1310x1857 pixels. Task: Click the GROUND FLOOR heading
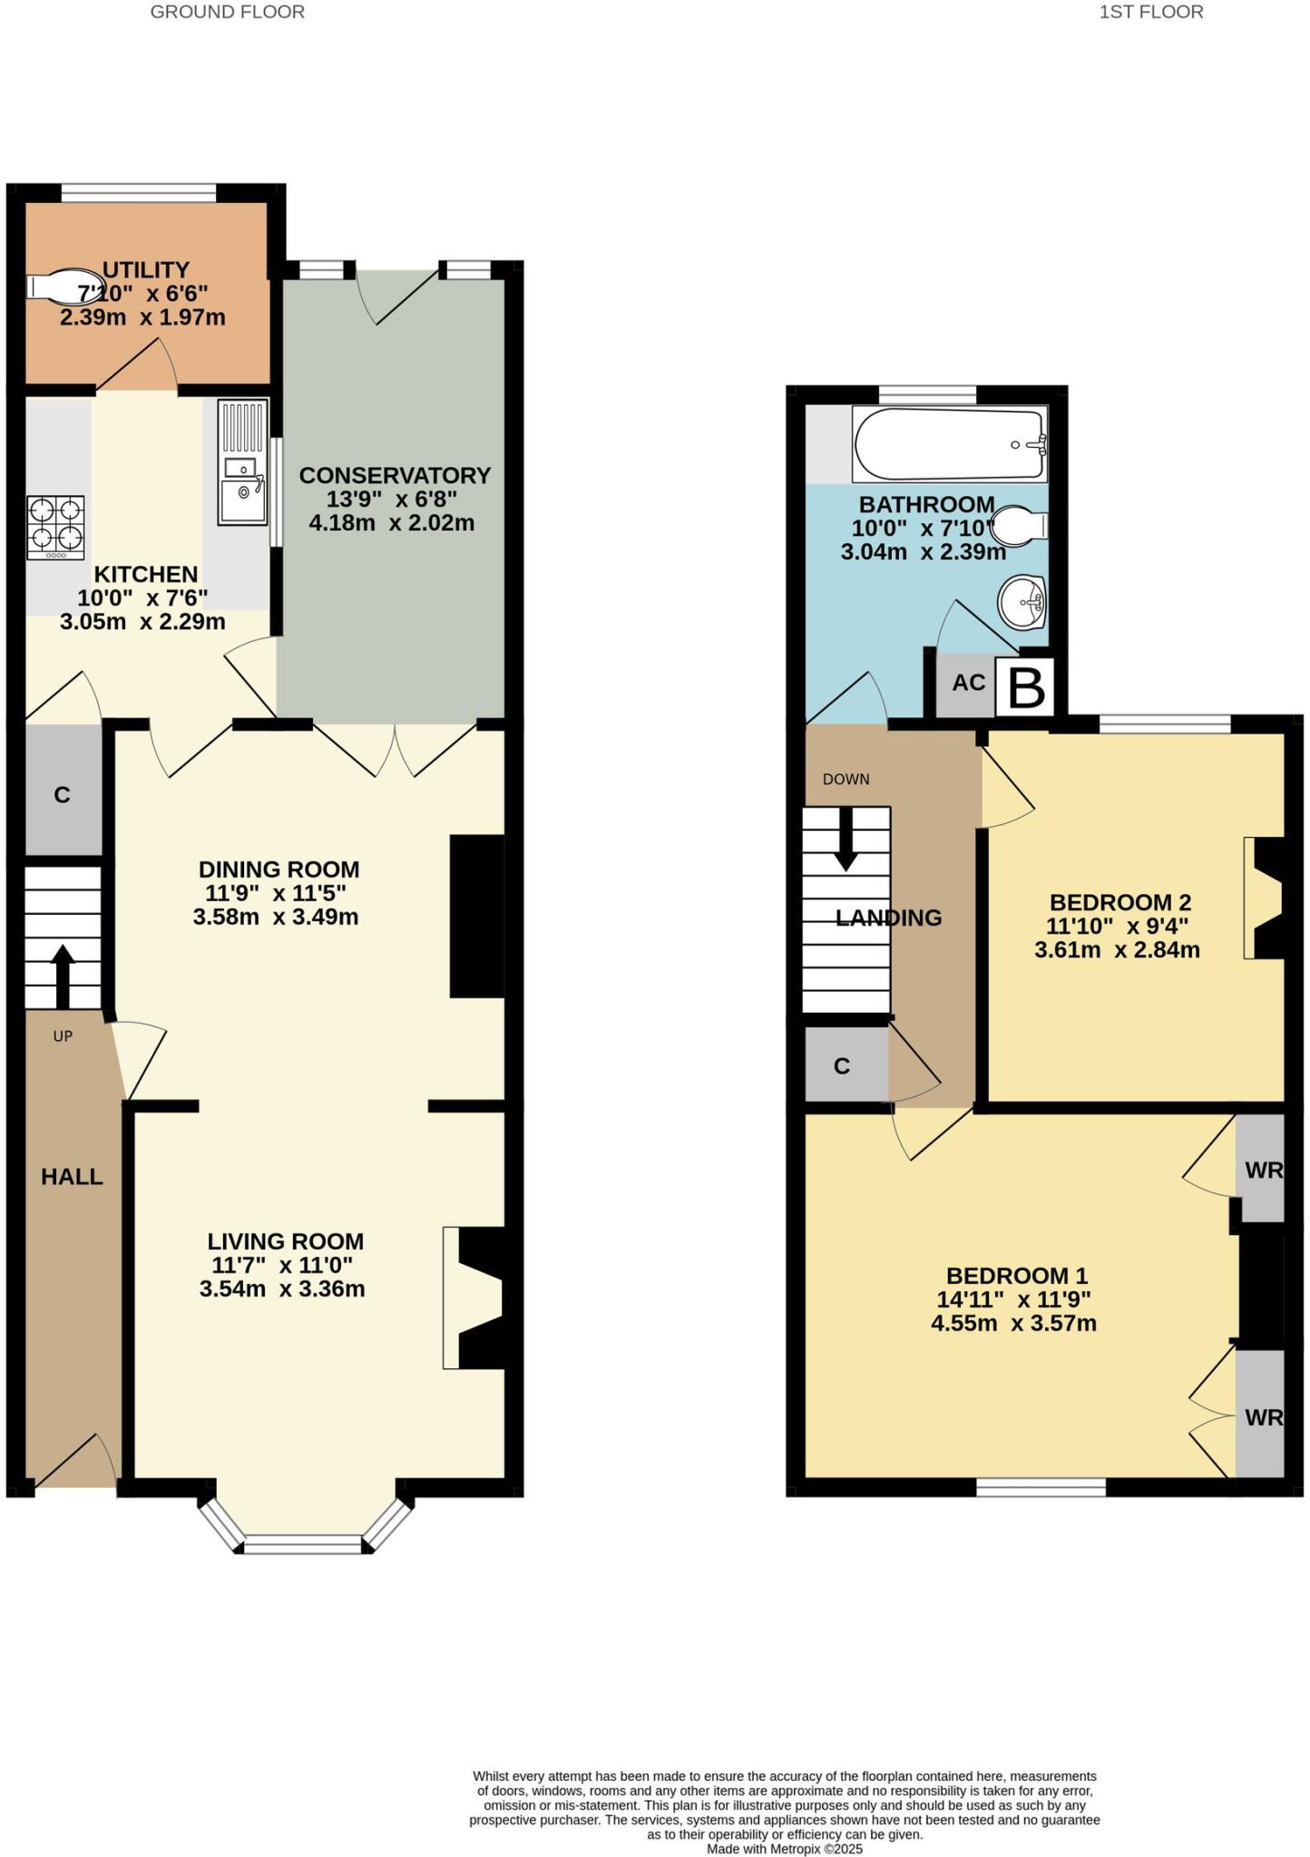[x=227, y=12]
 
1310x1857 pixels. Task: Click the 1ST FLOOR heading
[x=1150, y=12]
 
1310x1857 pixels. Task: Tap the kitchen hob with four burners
[x=55, y=527]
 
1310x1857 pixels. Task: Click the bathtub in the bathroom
[x=949, y=444]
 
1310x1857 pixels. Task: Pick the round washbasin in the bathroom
[x=1023, y=602]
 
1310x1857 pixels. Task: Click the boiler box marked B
[x=1026, y=689]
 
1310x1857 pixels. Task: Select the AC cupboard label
[x=968, y=683]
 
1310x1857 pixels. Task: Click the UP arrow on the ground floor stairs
[x=63, y=975]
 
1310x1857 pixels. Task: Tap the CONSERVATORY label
[x=395, y=475]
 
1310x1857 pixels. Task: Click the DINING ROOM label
[x=279, y=870]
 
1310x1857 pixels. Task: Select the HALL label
[x=72, y=1177]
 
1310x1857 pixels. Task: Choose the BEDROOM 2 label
[x=1119, y=902]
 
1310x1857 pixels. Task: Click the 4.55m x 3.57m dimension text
[x=1013, y=1323]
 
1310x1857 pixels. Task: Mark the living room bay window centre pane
[x=304, y=1544]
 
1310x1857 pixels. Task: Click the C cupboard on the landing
[x=843, y=1065]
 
